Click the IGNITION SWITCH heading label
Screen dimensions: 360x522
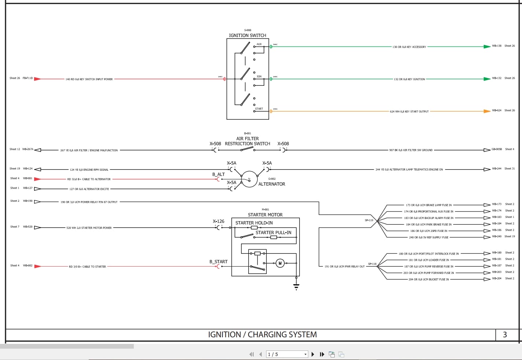247,36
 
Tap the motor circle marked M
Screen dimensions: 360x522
280,263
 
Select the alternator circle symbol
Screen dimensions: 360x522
249,179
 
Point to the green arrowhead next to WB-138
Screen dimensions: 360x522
487,47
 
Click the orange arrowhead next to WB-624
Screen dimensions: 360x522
487,111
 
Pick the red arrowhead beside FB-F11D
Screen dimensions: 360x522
37,79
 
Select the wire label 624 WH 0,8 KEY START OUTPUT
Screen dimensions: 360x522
409,111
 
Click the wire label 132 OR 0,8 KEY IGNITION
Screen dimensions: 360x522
409,79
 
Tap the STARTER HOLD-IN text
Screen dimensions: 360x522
254,223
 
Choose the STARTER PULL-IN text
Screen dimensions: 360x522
273,233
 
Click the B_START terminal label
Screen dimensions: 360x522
218,261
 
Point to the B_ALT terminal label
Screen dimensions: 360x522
218,174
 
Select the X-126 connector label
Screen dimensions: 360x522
218,221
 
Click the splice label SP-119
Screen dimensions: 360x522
369,220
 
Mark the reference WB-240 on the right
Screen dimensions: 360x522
497,237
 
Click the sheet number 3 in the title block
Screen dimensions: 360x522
505,334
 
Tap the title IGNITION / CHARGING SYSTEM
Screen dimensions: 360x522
262,334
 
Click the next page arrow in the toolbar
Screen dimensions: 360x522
313,354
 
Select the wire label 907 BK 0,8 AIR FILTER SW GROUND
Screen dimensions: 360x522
411,150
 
